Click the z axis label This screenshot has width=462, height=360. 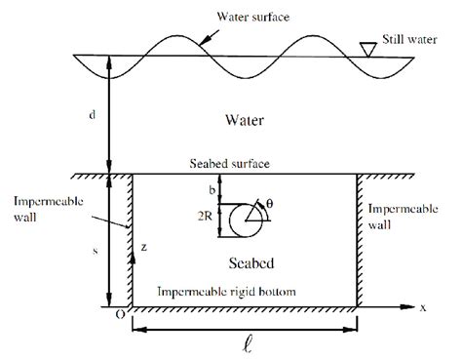pyautogui.click(x=143, y=249)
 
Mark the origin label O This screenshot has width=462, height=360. pyautogui.click(x=119, y=313)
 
